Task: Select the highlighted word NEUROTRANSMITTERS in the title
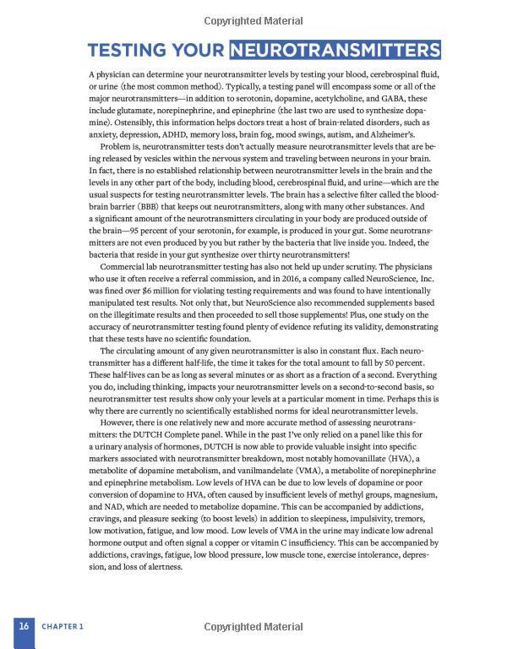(x=335, y=48)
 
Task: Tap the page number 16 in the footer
(x=25, y=626)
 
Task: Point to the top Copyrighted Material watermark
(x=253, y=19)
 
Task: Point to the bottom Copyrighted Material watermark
(x=253, y=626)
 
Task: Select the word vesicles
(x=186, y=159)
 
